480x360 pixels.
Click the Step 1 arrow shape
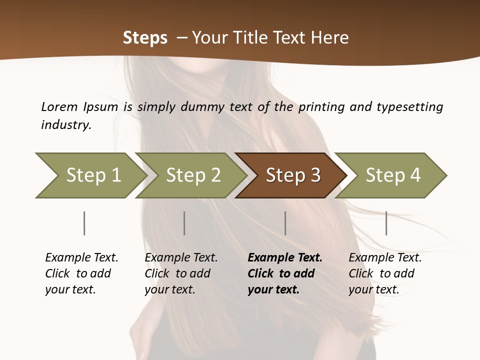pyautogui.click(x=93, y=175)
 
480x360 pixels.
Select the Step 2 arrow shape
pyautogui.click(x=193, y=175)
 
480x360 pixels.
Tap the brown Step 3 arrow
pyautogui.click(x=293, y=175)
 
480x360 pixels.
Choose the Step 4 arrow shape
pyautogui.click(x=393, y=175)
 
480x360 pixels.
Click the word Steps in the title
pyautogui.click(x=145, y=38)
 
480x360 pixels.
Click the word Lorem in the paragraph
pyautogui.click(x=59, y=107)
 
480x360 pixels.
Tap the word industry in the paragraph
pyautogui.click(x=66, y=125)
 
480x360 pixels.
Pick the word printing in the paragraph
pyautogui.click(x=320, y=107)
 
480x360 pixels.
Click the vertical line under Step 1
pyautogui.click(x=84, y=223)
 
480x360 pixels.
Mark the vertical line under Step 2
pyautogui.click(x=184, y=223)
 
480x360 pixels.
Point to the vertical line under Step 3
pyautogui.click(x=285, y=223)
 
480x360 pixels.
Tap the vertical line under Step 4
pyautogui.click(x=386, y=223)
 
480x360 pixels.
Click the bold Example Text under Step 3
pyautogui.click(x=285, y=258)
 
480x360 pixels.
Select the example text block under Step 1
pyautogui.click(x=81, y=273)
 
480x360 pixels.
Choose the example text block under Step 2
pyautogui.click(x=181, y=273)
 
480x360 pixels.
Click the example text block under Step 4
pyautogui.click(x=385, y=273)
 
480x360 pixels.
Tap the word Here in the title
pyautogui.click(x=329, y=38)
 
